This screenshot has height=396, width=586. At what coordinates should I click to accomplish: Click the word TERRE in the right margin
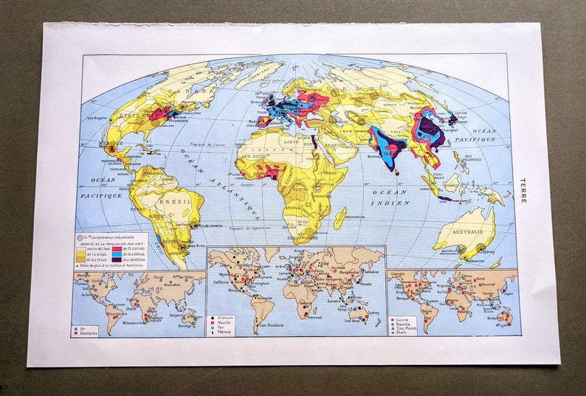click(x=523, y=191)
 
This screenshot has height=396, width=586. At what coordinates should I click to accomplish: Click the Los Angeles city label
click(x=101, y=119)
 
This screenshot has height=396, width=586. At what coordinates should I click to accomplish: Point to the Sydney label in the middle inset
click(x=370, y=313)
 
